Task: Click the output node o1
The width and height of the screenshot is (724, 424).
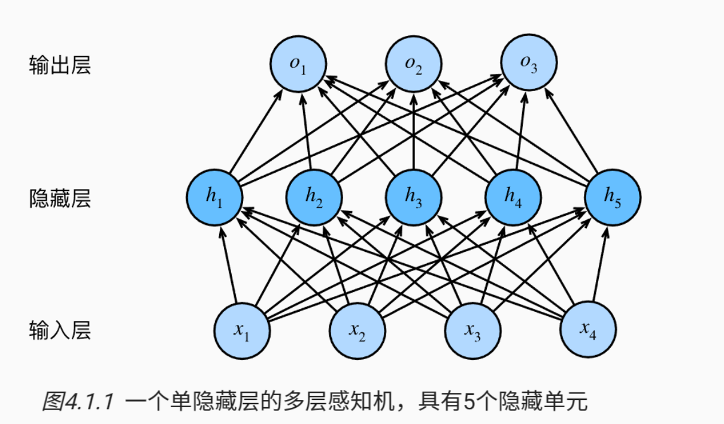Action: pos(298,64)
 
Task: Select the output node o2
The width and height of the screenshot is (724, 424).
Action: pos(414,64)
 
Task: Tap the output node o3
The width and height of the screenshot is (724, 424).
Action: pos(529,62)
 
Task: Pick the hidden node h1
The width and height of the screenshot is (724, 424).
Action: pos(214,197)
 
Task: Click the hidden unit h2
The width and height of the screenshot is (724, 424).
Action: pos(314,197)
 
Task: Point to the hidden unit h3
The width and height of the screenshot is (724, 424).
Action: pos(414,197)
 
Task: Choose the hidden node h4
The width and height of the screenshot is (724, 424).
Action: pos(513,197)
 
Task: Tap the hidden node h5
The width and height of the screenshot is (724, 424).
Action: pos(613,197)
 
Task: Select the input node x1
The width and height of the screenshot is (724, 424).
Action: pos(242,331)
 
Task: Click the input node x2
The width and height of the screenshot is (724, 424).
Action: pos(358,331)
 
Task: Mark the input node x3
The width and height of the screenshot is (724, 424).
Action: pos(473,331)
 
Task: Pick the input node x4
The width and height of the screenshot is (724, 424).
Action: pos(588,329)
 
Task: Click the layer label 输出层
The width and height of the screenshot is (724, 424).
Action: pos(60,65)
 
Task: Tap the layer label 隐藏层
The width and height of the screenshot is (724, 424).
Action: pos(60,198)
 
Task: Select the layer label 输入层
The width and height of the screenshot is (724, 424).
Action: pos(60,330)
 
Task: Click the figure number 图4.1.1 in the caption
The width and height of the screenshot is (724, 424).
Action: pos(78,401)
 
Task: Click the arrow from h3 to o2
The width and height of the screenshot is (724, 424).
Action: pos(414,131)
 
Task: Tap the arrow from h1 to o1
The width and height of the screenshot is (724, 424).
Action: pos(256,131)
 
